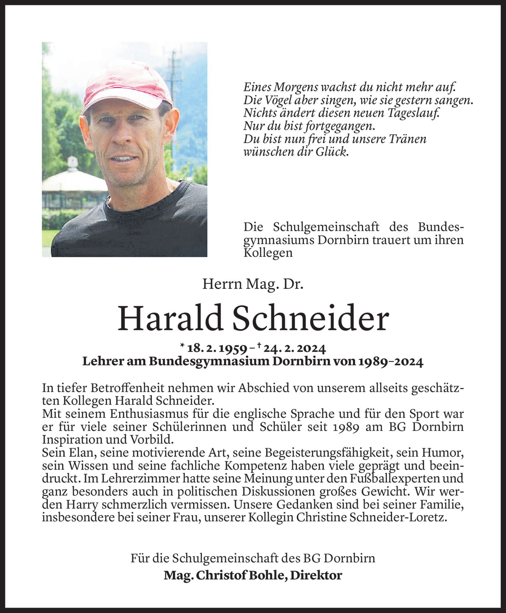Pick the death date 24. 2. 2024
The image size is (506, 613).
click(x=295, y=349)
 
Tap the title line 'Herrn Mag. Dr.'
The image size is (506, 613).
click(x=253, y=284)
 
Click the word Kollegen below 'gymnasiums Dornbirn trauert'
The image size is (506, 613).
click(x=268, y=253)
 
